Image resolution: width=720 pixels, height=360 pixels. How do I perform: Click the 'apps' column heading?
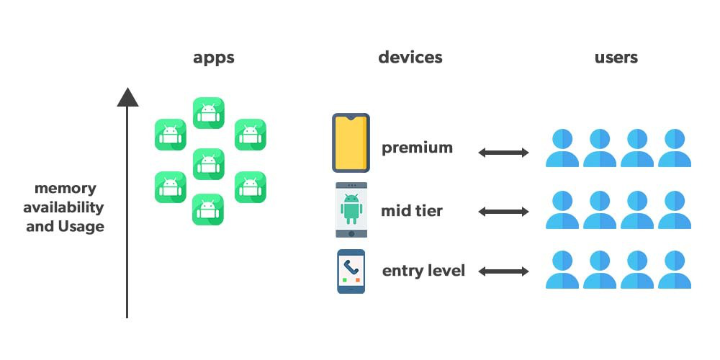214,58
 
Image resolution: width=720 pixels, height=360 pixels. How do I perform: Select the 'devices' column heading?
410,58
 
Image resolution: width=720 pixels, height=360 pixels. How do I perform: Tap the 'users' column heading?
616,58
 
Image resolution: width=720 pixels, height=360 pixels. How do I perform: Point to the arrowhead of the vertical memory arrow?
127,97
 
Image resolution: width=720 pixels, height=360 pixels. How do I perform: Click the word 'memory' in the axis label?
66,188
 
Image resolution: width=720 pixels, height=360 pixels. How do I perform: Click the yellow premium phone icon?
351,143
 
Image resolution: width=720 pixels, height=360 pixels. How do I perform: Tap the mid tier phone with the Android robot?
351,210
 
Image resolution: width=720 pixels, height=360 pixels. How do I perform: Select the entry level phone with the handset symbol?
351,271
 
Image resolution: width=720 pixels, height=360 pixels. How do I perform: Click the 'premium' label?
417,148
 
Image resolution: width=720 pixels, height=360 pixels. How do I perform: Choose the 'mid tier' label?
411,211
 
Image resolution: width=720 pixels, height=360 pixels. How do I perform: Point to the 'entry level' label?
423,271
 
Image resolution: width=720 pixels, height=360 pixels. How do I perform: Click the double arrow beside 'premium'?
504,153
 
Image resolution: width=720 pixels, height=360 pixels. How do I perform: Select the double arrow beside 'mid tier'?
504,212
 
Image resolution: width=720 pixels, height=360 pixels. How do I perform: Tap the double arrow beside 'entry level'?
504,271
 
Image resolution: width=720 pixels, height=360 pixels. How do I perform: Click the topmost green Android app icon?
209,112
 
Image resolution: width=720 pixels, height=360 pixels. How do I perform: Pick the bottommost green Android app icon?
208,210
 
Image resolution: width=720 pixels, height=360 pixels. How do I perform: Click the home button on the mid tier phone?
352,234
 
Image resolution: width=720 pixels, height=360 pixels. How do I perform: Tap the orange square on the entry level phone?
357,279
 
